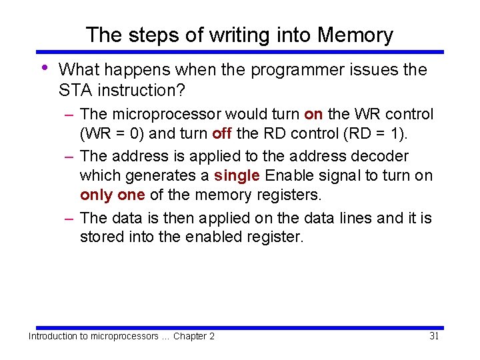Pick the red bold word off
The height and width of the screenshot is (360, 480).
coord(222,134)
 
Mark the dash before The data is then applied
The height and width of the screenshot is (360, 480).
coord(69,218)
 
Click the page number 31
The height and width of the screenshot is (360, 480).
coord(434,336)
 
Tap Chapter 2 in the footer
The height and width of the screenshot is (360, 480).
coord(194,337)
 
